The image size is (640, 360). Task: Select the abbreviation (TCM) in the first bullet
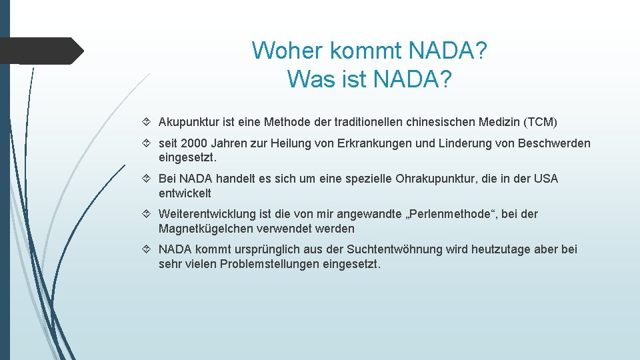pos(541,122)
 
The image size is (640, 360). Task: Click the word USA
pos(546,179)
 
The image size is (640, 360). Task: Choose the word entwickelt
pos(185,193)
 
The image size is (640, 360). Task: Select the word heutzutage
pos(503,249)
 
